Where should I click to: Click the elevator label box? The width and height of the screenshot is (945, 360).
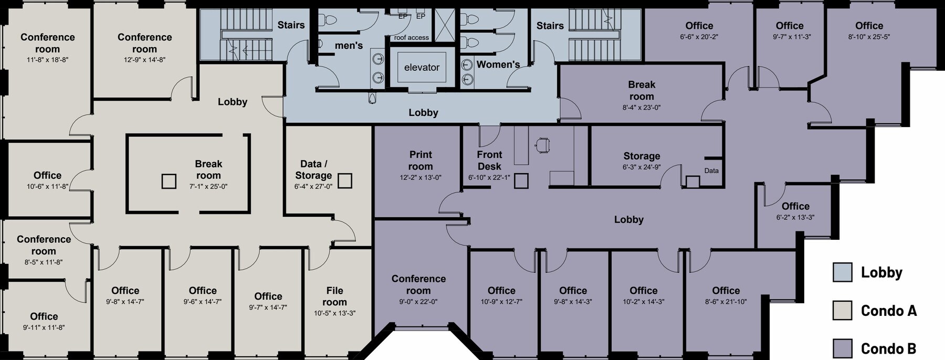point(422,67)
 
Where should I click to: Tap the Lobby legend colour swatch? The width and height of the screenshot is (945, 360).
point(842,272)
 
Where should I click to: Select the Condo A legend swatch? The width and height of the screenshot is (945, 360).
point(842,311)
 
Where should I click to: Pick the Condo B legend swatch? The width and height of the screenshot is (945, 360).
point(842,348)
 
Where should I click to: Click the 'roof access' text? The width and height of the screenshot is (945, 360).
point(411,38)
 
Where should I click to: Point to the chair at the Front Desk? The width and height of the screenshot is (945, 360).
point(542,144)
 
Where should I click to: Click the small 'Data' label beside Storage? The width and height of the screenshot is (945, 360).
point(711,171)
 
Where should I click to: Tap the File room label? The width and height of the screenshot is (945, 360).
point(334,296)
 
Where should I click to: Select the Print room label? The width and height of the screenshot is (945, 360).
point(421,160)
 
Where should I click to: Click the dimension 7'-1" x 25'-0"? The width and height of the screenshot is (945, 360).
point(208,186)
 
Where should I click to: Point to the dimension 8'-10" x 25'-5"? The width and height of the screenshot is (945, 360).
point(869,37)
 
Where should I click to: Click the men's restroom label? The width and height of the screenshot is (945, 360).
point(349,46)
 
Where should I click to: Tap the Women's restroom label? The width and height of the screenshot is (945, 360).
point(498,65)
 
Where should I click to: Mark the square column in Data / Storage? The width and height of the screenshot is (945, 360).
point(344,181)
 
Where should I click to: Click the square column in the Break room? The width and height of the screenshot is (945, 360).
point(169,182)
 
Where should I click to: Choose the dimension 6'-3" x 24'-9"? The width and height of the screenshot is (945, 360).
point(642,167)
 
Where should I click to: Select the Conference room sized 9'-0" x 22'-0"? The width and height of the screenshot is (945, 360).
point(418,284)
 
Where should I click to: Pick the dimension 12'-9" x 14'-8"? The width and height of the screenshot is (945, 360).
point(144,60)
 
